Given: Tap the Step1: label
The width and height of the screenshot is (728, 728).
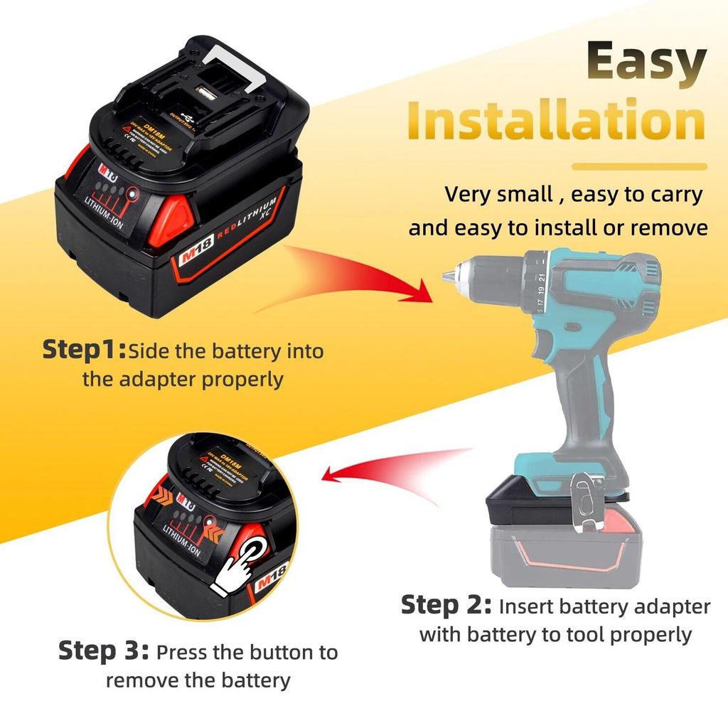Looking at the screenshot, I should coord(84,350).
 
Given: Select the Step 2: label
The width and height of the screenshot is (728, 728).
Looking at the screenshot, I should coord(446,606).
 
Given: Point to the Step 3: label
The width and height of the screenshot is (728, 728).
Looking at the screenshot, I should coord(104,651).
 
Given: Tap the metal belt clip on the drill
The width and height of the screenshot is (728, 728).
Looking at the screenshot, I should coord(584,505).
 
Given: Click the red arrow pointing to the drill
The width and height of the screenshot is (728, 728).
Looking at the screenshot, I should coord(370,277).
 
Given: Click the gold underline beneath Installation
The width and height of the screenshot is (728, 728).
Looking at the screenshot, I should coord(640,167).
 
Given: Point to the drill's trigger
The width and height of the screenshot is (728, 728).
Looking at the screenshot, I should coord(562,350).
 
